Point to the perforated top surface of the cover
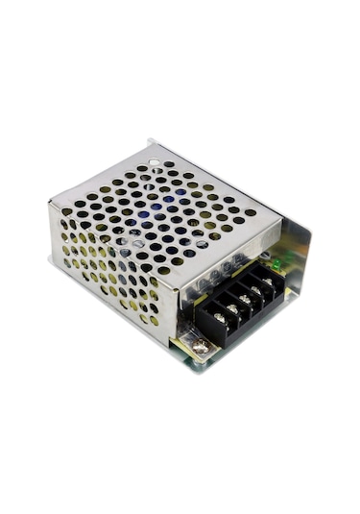click(x=163, y=207)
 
